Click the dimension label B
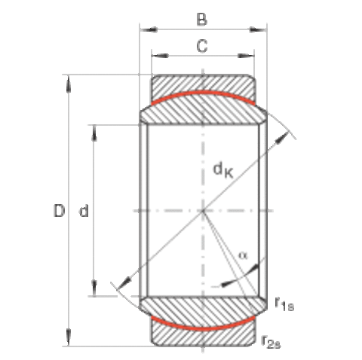pos(202,19)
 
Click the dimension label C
pos(202,46)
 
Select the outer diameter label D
pos(60,211)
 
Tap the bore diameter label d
pos(84,211)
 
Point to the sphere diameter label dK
pos(223,170)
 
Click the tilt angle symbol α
pos(243,255)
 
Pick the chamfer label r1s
pos(284,304)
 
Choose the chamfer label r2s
pos(271,342)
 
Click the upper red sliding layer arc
pos(203,93)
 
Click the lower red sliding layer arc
pos(203,328)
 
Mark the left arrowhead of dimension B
pos(149,29)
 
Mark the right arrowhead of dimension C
pos(246,56)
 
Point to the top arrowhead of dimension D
pos(69,84)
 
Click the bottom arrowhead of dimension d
pos(94,288)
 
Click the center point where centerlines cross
pos(203,211)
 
